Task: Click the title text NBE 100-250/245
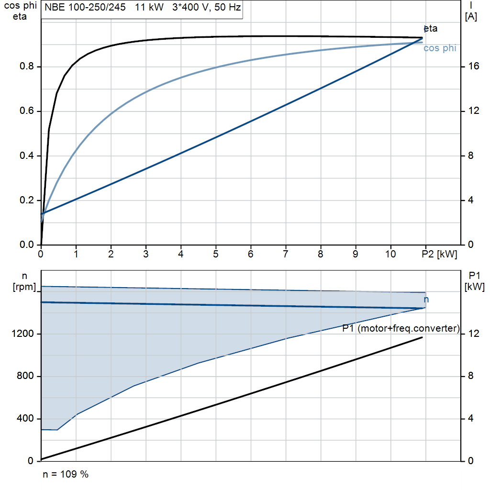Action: [x=85, y=7]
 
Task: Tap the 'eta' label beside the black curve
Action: [x=431, y=28]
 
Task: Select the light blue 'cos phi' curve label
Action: [x=440, y=48]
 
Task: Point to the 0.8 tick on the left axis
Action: [x=27, y=66]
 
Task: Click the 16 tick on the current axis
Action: [x=473, y=66]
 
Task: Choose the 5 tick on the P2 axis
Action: [x=216, y=254]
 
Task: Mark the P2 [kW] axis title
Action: [x=439, y=254]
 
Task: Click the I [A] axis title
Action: [x=471, y=11]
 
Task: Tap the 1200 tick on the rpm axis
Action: [x=22, y=334]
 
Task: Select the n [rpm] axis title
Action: [x=24, y=281]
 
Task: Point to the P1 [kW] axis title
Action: [x=474, y=281]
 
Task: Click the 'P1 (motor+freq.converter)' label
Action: [x=401, y=328]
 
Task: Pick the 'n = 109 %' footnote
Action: [x=66, y=474]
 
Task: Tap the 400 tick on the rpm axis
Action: [x=25, y=418]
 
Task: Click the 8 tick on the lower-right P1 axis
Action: [x=471, y=376]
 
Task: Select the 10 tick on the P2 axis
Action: [x=390, y=254]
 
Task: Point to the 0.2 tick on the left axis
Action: [x=27, y=200]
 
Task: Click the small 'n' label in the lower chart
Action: [x=426, y=300]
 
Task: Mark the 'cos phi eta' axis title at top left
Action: [x=20, y=11]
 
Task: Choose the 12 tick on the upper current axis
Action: [x=473, y=111]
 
